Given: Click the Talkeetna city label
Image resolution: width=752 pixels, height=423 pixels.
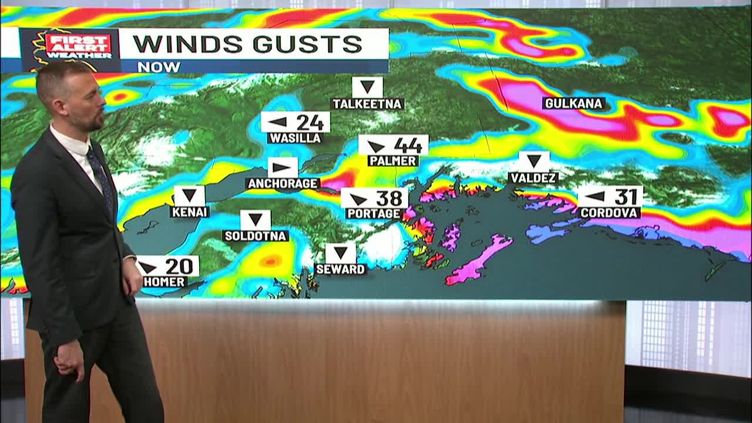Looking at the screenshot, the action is tap(367, 104).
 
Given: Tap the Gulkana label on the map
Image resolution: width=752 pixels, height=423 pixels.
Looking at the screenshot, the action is tap(573, 103).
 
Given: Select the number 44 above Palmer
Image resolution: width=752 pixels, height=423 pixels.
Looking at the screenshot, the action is tap(408, 145).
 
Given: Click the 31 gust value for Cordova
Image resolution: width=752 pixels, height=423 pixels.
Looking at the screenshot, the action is tap(626, 196).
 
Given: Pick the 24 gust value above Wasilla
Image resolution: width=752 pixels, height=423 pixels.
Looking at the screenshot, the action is tap(310, 122).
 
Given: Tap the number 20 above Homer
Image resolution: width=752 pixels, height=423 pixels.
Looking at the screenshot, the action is tap(179, 267).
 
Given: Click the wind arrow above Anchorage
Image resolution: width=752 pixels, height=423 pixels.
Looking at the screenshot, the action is tap(283, 167).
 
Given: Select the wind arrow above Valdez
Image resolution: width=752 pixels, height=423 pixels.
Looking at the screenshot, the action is tap(534, 161).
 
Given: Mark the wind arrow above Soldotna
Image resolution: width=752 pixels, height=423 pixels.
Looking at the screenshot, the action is tap(255, 220).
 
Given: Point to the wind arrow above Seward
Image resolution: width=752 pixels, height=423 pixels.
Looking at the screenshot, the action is tap(340, 253).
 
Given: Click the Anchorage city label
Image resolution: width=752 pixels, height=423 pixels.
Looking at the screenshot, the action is tap(283, 183).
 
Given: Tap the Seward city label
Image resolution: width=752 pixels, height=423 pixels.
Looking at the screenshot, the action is tap(341, 269).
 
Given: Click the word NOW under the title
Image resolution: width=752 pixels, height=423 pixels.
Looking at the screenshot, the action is tap(159, 66).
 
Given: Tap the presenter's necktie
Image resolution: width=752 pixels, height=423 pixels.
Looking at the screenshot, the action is tap(100, 177).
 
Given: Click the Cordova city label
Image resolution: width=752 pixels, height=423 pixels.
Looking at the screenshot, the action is tap(609, 212).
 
